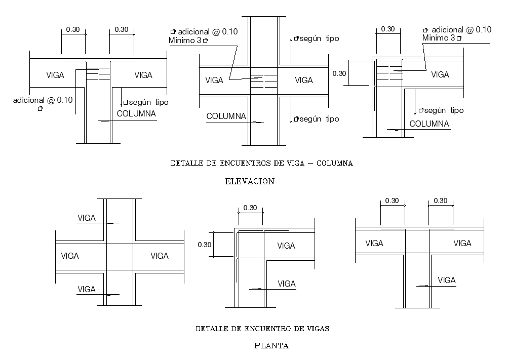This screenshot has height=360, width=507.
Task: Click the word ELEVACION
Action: pyautogui.click(x=250, y=181)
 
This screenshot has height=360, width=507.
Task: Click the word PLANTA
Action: pyautogui.click(x=271, y=346)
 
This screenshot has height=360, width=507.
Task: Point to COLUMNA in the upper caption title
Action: pyautogui.click(x=337, y=164)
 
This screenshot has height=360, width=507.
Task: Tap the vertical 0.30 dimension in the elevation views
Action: pyautogui.click(x=339, y=73)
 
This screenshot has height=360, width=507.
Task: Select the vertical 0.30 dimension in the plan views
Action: pyautogui.click(x=204, y=245)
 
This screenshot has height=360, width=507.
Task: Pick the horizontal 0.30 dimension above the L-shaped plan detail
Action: pyautogui.click(x=250, y=208)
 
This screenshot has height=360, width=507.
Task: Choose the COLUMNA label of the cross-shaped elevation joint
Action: pyautogui.click(x=226, y=116)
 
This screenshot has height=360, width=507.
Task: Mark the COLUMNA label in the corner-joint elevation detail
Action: pyautogui.click(x=429, y=124)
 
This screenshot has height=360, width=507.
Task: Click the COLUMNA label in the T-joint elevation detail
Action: pyautogui.click(x=136, y=113)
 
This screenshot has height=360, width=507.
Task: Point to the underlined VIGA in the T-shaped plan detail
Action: pyautogui.click(x=446, y=281)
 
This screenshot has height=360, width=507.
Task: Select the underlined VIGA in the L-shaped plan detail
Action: pyautogui.click(x=286, y=284)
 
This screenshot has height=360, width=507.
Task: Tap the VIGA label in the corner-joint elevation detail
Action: pyautogui.click(x=440, y=74)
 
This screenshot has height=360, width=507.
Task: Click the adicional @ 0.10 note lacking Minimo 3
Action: pyautogui.click(x=43, y=100)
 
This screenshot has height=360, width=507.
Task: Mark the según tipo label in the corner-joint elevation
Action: pyautogui.click(x=444, y=110)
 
